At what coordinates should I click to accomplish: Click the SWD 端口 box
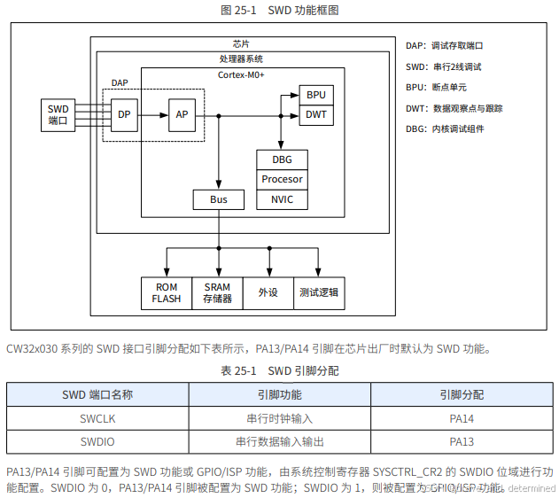(58, 114)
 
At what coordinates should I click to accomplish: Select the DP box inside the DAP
(124, 114)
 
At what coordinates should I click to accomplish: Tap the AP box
(182, 114)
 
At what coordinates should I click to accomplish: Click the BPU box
(316, 95)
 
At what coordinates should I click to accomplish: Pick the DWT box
(316, 114)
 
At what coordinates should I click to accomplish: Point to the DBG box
(282, 160)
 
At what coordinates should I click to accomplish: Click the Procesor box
(282, 179)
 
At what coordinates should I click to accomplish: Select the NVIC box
(282, 199)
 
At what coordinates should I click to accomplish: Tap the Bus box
(218, 199)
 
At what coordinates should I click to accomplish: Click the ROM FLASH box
(167, 292)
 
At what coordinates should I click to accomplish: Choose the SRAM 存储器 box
(218, 292)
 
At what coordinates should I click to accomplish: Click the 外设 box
(268, 292)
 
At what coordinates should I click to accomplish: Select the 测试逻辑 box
(318, 292)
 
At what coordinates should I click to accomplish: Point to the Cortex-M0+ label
(242, 75)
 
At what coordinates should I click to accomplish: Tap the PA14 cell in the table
(462, 417)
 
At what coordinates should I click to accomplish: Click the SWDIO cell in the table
(97, 440)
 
